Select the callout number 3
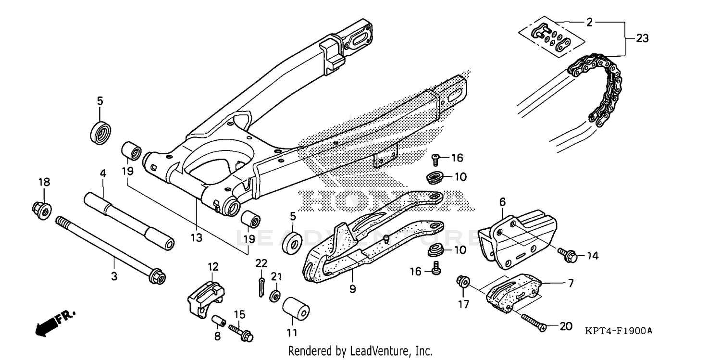click(114, 276)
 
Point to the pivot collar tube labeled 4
click(129, 219)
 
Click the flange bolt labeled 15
click(243, 331)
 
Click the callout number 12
click(213, 266)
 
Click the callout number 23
click(643, 38)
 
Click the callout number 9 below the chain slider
click(352, 289)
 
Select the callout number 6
click(502, 202)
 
